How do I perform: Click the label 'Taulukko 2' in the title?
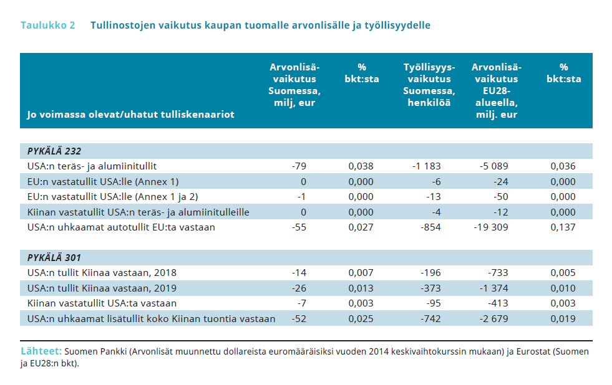tap(47, 26)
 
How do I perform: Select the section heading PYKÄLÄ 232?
tap(54, 151)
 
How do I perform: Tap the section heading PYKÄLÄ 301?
tap(54, 257)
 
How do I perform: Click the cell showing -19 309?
tap(491, 227)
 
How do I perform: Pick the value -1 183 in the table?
tap(426, 166)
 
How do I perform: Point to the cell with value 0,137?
tap(563, 227)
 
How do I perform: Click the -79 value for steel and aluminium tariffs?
tap(299, 166)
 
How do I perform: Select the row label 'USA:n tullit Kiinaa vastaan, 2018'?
tap(102, 273)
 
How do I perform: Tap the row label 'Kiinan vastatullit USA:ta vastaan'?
tap(102, 303)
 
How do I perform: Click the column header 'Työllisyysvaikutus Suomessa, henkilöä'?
tap(429, 85)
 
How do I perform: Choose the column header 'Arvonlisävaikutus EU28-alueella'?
tap(497, 91)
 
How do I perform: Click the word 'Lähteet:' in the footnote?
tap(41, 351)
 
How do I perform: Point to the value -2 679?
tap(493, 319)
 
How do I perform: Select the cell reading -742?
tap(430, 319)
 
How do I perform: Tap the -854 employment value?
tap(430, 227)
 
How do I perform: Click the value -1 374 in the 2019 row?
tap(493, 288)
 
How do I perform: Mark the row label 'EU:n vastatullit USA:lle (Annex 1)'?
tap(103, 182)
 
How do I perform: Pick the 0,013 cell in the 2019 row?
tap(361, 288)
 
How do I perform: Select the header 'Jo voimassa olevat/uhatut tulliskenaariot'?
tap(131, 115)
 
